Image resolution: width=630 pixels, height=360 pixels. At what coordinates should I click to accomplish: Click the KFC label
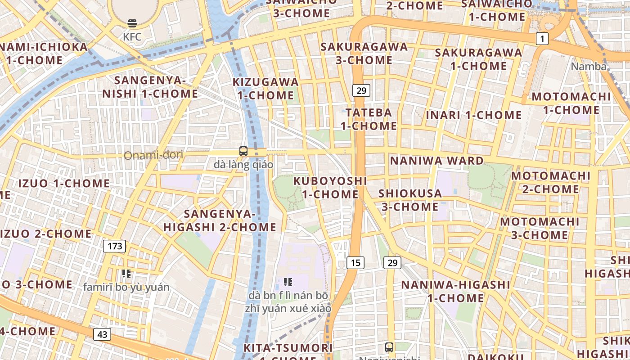pyautogui.click(x=132, y=37)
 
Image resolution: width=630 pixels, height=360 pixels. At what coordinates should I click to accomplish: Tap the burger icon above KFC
pyautogui.click(x=132, y=23)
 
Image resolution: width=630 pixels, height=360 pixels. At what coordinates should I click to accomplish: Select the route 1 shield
pyautogui.click(x=542, y=39)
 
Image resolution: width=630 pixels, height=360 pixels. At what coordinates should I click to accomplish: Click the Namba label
pyautogui.click(x=589, y=67)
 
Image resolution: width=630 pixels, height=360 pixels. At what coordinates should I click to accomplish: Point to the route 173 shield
pyautogui.click(x=115, y=246)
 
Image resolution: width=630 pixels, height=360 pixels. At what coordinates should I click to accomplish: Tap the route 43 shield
pyautogui.click(x=102, y=334)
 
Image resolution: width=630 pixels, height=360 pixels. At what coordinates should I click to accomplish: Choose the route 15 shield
pyautogui.click(x=355, y=262)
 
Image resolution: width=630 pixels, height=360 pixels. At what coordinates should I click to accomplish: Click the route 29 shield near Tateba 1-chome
pyautogui.click(x=361, y=90)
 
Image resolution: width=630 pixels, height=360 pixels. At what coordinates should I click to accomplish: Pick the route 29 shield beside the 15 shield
pyautogui.click(x=392, y=262)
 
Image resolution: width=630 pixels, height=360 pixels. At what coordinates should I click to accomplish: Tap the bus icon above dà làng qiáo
pyautogui.click(x=243, y=151)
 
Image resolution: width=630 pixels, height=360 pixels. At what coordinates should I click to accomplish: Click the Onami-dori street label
pyautogui.click(x=153, y=156)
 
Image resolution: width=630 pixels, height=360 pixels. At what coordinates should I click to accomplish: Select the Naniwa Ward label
pyautogui.click(x=436, y=161)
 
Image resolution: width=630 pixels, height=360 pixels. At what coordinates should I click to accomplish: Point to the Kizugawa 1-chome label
pyautogui.click(x=265, y=89)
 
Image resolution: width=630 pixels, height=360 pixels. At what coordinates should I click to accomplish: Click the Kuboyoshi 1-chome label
pyautogui.click(x=330, y=188)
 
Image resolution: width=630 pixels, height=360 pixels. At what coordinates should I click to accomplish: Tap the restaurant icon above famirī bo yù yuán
pyautogui.click(x=126, y=273)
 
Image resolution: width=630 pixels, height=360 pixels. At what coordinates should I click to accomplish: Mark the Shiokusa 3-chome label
pyautogui.click(x=410, y=200)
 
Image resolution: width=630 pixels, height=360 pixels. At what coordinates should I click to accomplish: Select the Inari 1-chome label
pyautogui.click(x=474, y=115)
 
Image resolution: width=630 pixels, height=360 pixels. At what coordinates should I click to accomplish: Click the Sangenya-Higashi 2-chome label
pyautogui.click(x=220, y=220)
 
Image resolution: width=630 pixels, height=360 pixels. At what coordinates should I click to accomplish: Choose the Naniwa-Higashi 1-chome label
pyautogui.click(x=455, y=291)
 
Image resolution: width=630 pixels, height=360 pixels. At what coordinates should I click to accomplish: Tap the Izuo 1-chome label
pyautogui.click(x=64, y=183)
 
